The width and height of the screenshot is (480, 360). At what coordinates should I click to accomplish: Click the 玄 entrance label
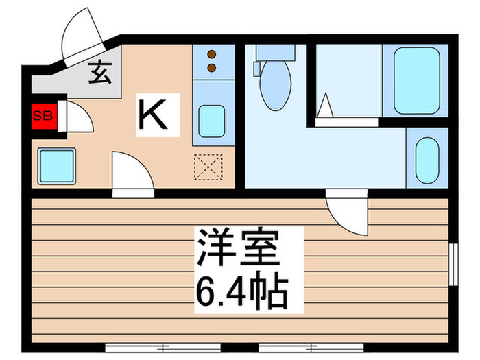click(100, 73)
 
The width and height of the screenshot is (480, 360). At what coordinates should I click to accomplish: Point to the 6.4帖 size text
click(239, 291)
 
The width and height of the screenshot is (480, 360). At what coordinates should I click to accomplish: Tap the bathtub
click(417, 80)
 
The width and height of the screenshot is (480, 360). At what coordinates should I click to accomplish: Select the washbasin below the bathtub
click(427, 158)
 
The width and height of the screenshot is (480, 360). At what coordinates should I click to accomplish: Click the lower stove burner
click(212, 67)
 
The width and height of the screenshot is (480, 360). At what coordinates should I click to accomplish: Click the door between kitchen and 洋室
click(132, 176)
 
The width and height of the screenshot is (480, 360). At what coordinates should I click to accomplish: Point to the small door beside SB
click(75, 117)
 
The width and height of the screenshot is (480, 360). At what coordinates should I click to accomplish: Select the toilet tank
click(274, 53)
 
